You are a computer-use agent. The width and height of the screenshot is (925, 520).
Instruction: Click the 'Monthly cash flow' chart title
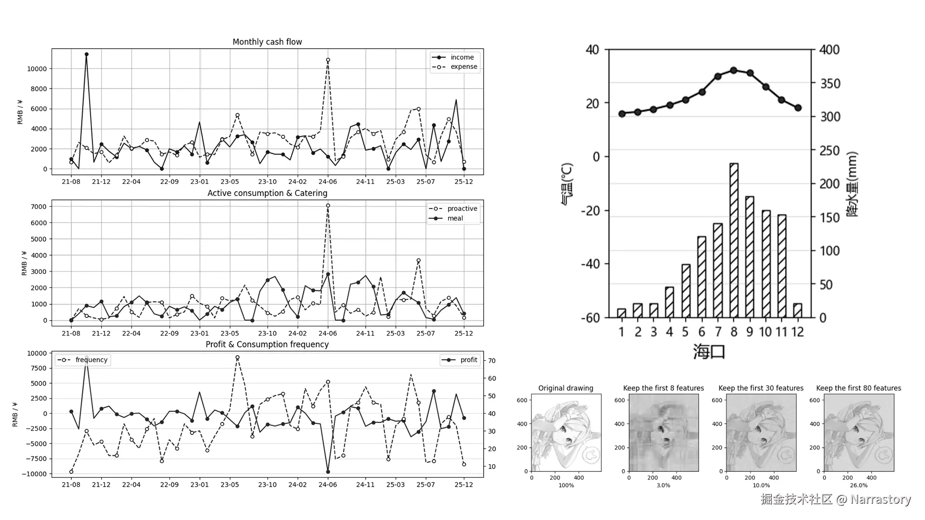[x=267, y=42]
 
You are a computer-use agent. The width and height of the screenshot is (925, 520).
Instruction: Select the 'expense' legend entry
[x=463, y=66]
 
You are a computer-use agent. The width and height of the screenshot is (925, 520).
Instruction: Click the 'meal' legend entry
[x=455, y=218]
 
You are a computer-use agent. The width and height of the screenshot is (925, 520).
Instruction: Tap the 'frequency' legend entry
[x=91, y=360]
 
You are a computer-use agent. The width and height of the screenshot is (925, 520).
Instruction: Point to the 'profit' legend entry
[x=468, y=360]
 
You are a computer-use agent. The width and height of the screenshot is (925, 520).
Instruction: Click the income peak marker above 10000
[x=86, y=54]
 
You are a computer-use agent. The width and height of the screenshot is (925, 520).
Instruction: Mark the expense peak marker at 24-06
[x=328, y=60]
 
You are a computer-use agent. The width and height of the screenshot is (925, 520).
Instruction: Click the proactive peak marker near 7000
[x=328, y=206]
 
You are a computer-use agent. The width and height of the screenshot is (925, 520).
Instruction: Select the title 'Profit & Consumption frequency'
[x=267, y=344]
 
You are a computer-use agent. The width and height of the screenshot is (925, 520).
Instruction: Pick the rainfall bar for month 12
[x=798, y=311]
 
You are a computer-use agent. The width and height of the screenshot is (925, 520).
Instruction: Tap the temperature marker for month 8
[x=734, y=70]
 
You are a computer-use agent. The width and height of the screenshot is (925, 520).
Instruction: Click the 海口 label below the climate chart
[x=709, y=351]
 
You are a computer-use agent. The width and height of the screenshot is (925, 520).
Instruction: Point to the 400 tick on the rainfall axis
[x=830, y=50]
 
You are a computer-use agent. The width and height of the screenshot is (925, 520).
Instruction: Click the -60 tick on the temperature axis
[x=590, y=318]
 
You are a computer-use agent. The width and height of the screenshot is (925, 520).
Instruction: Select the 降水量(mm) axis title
[x=852, y=184]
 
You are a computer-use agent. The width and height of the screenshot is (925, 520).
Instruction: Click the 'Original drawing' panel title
[x=566, y=388]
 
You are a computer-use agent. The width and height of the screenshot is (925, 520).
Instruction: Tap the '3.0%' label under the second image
[x=663, y=485]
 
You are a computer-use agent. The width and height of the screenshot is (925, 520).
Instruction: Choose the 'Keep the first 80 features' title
[x=859, y=388]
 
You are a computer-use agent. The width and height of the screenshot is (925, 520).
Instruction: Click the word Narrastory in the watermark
[x=880, y=499]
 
